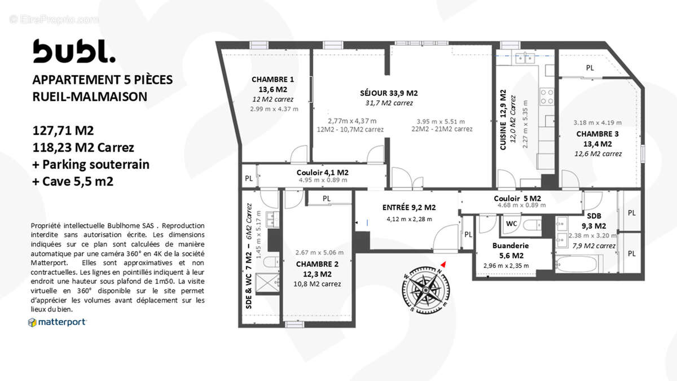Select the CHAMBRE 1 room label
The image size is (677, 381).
(272, 80)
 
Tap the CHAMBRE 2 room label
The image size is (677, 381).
(317, 264)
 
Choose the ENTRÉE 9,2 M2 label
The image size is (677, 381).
(409, 207)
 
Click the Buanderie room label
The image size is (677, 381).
(510, 246)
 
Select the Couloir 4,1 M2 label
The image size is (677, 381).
(322, 172)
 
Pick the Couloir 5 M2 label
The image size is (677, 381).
(517, 199)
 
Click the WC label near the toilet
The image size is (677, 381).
(511, 224)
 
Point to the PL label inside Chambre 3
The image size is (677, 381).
(590, 68)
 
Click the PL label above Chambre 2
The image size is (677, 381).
(326, 199)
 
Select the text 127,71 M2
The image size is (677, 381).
(63, 131)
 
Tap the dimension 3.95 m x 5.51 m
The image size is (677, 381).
(441, 121)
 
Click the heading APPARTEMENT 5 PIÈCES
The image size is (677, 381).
(103, 80)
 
